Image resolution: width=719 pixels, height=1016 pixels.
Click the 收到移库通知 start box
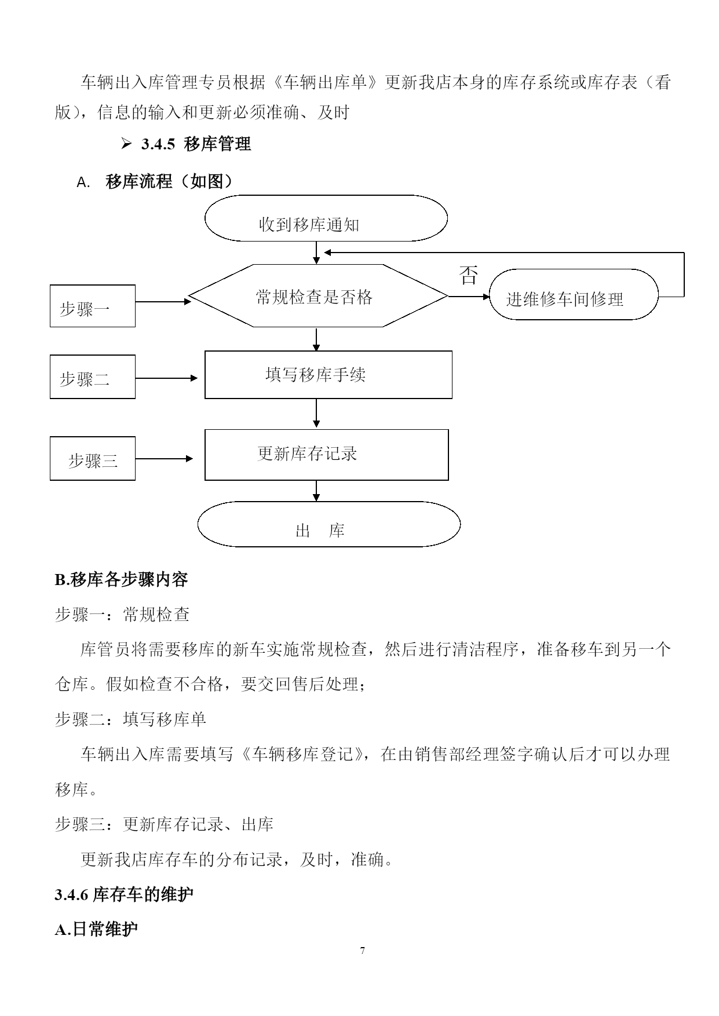[x=326, y=218]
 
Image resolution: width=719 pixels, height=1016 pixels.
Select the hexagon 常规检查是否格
[x=319, y=296]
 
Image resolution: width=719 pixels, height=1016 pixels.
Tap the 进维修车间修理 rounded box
[x=574, y=294]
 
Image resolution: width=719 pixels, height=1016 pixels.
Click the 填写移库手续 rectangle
[x=329, y=375]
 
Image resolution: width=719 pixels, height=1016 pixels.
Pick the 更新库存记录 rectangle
[x=327, y=455]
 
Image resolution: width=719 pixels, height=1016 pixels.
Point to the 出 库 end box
[x=329, y=524]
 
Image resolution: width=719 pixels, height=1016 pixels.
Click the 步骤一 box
[x=93, y=306]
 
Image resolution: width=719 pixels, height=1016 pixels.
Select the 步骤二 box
[x=93, y=377]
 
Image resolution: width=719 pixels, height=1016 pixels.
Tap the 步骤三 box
[x=93, y=458]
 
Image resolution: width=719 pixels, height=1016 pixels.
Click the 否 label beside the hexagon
[x=469, y=275]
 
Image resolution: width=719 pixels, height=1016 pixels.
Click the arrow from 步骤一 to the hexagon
[x=163, y=302]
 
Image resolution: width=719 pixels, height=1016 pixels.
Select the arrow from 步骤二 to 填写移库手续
[x=167, y=378]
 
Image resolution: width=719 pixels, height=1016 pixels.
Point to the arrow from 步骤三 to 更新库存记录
[x=165, y=459]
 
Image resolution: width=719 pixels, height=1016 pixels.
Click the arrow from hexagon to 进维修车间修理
[x=469, y=297]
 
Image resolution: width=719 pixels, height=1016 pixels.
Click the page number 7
[x=363, y=951]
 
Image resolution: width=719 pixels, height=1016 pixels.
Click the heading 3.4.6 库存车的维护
[x=124, y=894]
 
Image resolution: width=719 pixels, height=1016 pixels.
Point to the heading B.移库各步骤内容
[x=121, y=580]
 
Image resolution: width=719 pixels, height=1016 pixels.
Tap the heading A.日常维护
[x=96, y=930]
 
